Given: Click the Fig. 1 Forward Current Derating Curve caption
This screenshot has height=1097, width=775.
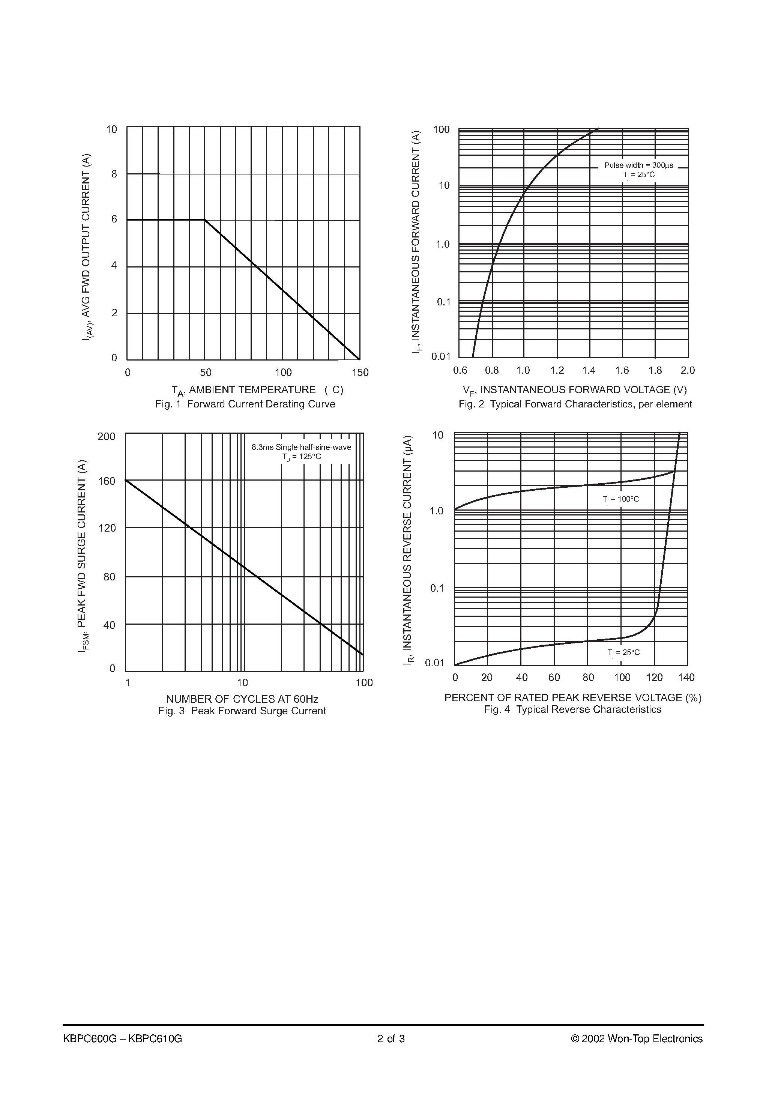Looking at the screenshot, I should (x=245, y=404).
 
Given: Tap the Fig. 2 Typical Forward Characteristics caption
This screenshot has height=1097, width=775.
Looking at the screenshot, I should (x=575, y=404).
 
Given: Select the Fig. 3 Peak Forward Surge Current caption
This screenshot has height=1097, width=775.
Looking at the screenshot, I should (x=242, y=711).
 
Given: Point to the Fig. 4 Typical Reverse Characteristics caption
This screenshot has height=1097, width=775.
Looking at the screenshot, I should (x=572, y=709).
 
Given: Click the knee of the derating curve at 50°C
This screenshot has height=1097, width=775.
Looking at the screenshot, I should (x=205, y=220).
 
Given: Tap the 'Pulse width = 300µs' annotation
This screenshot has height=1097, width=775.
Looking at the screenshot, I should (x=638, y=165).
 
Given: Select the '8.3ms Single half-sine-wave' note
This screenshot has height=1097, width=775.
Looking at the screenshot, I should (x=302, y=448).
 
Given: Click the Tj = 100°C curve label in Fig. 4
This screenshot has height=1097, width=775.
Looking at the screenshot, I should (x=621, y=499).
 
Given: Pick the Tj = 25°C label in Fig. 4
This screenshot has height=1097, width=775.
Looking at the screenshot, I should (x=623, y=653).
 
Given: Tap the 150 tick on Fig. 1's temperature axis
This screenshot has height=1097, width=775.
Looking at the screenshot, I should (x=360, y=373).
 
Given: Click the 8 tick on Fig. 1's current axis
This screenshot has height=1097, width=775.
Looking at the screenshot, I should (x=114, y=174).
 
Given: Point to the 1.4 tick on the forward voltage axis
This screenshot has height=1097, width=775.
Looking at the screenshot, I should (x=589, y=370).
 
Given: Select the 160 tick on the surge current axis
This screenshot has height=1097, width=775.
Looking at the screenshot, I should (x=107, y=481).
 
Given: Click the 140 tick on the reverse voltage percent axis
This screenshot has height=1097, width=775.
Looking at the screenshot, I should (x=686, y=678).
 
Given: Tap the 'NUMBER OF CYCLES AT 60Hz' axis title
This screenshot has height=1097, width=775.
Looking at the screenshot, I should (x=242, y=699).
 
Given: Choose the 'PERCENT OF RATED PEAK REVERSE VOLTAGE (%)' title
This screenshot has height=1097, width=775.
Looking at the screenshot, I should (x=573, y=697).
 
